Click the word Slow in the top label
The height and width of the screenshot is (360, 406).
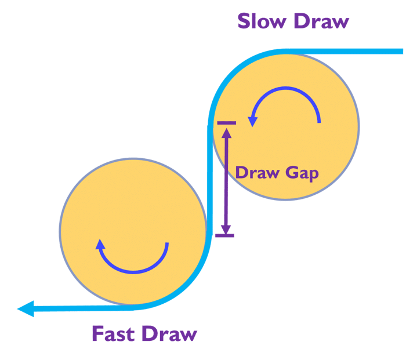261,21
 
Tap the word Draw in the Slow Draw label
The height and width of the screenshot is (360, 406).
321,21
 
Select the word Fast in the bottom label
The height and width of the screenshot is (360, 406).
114,334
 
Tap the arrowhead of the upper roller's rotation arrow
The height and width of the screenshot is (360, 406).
252,121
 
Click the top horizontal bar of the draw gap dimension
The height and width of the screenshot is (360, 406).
226,123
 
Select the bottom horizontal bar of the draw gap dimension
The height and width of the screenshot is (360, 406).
224,235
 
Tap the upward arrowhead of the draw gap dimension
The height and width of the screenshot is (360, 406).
226,132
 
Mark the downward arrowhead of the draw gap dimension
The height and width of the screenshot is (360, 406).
226,227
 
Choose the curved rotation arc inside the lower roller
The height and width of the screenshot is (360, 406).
139,270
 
